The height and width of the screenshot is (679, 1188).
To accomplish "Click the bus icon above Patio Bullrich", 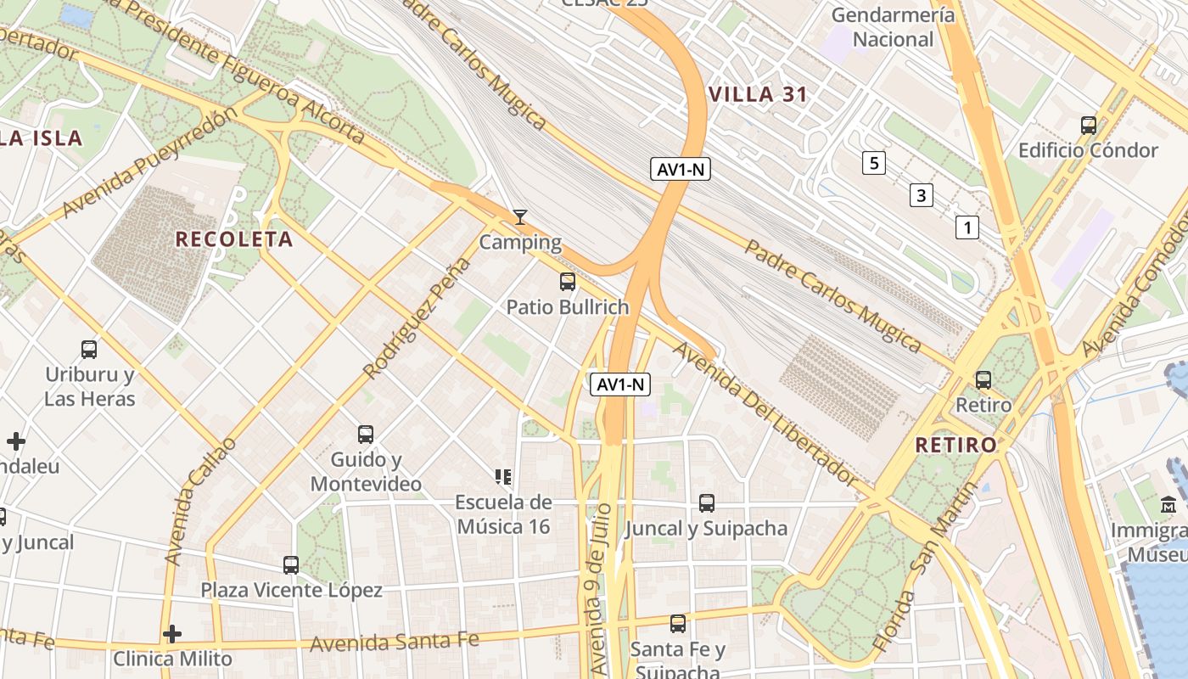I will (567, 282).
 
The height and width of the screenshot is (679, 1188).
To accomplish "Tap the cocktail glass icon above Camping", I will (520, 217).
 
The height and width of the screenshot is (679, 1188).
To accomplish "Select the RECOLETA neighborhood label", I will (234, 239).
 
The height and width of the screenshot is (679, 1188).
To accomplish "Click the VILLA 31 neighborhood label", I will (758, 94).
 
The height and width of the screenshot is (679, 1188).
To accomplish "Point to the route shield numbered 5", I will (873, 162).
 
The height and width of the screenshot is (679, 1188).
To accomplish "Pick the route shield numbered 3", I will (921, 195).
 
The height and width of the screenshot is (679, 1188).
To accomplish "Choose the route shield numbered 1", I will (967, 227).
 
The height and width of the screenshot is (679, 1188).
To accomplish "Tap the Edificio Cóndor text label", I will (1088, 150).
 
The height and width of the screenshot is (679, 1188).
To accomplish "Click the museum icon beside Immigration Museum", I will (1168, 504).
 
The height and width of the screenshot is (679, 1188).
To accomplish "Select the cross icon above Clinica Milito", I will (172, 634).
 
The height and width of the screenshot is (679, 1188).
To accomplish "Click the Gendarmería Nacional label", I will (893, 27).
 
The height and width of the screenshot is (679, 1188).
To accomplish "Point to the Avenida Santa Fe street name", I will (394, 642).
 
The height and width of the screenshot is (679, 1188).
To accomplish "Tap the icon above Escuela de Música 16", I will (503, 477).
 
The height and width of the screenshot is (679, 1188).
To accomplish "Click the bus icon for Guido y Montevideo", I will (366, 435).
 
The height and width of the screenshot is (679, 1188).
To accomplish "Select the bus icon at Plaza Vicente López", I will (291, 564).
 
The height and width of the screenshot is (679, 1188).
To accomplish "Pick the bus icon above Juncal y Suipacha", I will (706, 503).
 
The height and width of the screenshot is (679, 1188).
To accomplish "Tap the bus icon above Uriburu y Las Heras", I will (89, 349).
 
